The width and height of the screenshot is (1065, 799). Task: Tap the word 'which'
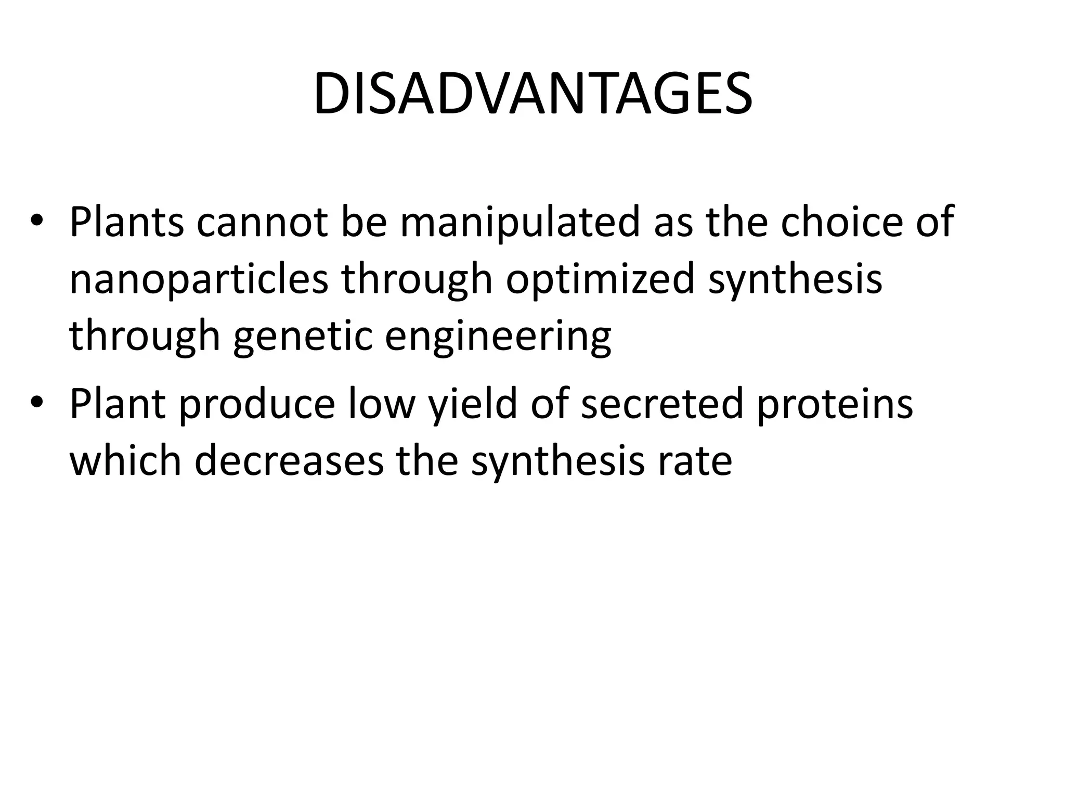[x=125, y=460]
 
